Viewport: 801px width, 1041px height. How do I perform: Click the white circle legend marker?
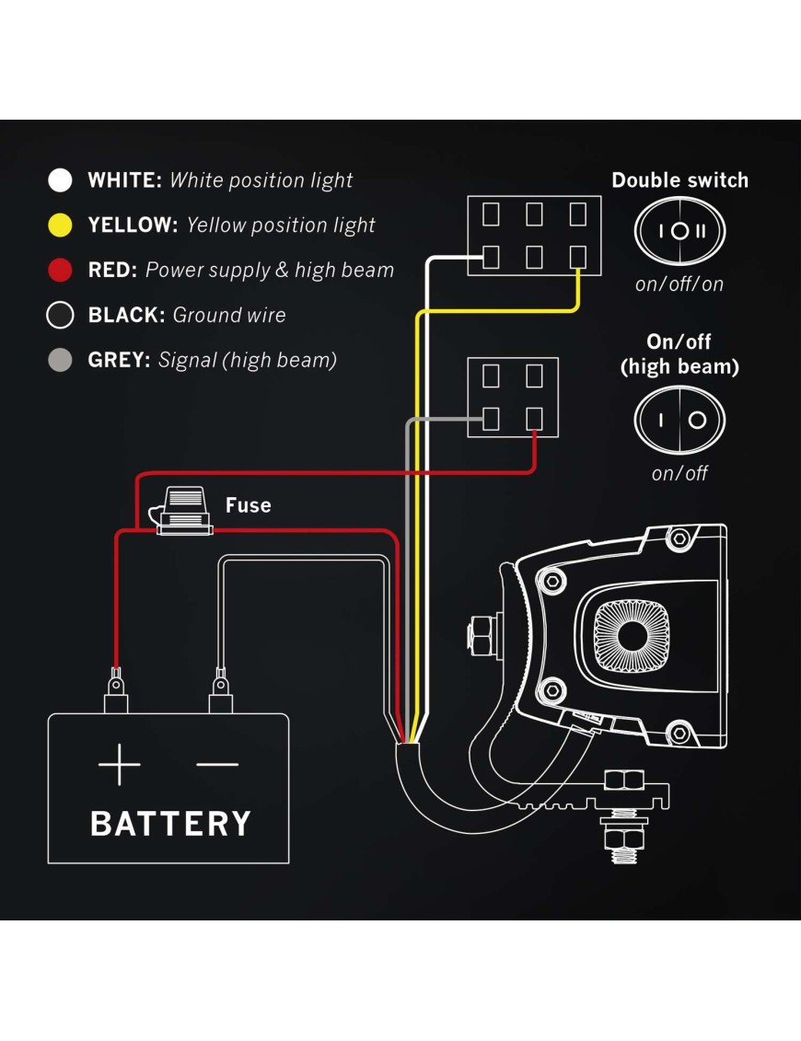tap(60, 180)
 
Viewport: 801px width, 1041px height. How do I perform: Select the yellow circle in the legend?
tap(60, 226)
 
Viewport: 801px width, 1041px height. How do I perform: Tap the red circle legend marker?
tap(60, 271)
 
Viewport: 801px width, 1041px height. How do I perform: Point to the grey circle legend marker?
tap(60, 360)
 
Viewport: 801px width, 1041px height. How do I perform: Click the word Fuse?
tap(249, 505)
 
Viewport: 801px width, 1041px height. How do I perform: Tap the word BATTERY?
tap(170, 823)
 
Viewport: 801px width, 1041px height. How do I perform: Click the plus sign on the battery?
tap(120, 766)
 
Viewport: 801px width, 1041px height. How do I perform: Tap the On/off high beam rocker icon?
tap(679, 421)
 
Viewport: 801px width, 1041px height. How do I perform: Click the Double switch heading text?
tap(679, 180)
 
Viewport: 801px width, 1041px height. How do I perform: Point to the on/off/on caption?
tap(679, 283)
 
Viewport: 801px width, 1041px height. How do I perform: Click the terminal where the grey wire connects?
tap(492, 418)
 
